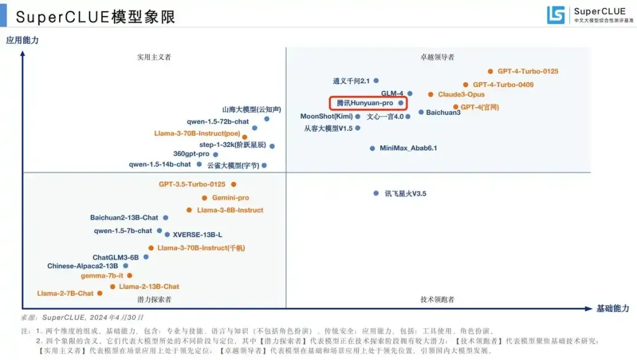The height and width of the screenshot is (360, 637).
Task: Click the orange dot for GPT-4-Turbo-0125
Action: point(490,71)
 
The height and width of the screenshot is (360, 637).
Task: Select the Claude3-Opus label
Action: point(461,94)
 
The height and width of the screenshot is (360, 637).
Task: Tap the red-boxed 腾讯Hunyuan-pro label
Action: point(365,103)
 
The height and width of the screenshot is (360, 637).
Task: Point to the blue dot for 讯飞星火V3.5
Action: point(376,193)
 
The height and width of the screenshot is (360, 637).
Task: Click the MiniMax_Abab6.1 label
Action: point(408,148)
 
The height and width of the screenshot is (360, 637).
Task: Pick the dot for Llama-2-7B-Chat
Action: point(99,293)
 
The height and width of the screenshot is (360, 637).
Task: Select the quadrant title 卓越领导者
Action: point(437,57)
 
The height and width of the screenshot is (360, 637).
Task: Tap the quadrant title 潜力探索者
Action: point(154,300)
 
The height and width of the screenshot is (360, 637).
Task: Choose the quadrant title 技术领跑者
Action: point(437,300)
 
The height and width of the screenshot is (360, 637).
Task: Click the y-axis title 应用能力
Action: point(22,41)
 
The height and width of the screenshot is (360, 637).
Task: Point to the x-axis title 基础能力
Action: point(613,309)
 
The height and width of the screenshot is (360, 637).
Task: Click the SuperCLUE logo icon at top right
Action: point(556,15)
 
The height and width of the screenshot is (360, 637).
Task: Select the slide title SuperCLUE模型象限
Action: point(96,17)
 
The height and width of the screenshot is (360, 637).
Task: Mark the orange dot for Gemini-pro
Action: point(205,198)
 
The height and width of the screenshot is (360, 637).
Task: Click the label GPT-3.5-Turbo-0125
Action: point(192,184)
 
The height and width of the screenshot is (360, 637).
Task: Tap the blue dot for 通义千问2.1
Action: point(376,81)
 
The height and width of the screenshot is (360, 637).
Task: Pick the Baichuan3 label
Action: point(444,112)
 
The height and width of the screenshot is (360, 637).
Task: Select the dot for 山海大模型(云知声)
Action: point(267,119)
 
